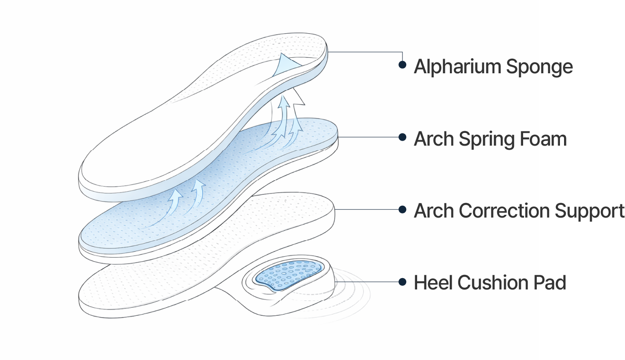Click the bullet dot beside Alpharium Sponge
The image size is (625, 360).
[x=402, y=65]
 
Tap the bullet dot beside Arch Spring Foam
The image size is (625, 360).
[x=402, y=137]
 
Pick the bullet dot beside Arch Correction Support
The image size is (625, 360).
[x=402, y=209]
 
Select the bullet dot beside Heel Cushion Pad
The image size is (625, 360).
[x=402, y=282]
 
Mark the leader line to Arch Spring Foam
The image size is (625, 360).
[x=368, y=137]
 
